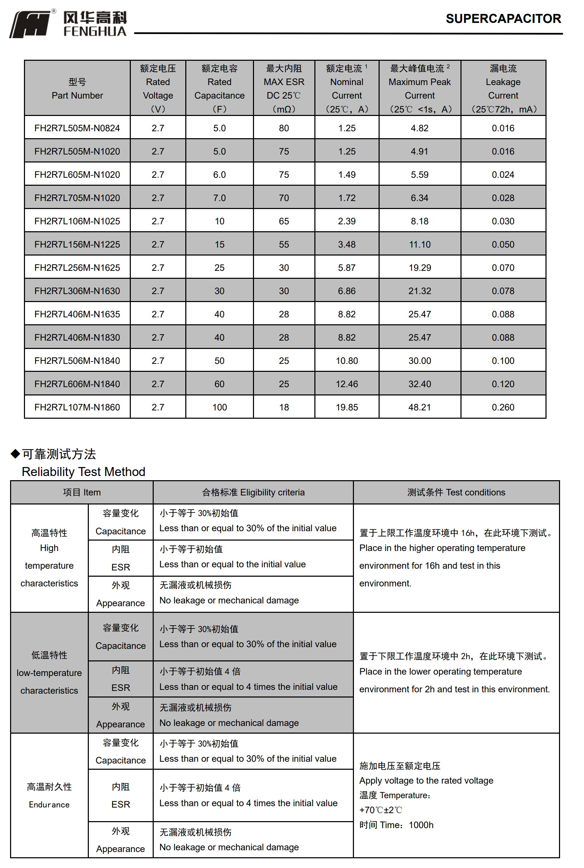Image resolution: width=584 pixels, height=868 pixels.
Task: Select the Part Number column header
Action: point(77,89)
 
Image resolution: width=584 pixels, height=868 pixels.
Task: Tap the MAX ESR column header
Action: point(284,89)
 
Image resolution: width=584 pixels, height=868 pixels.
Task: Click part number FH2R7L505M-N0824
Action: point(77,128)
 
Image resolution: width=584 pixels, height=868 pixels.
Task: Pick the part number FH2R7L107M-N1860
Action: point(77,407)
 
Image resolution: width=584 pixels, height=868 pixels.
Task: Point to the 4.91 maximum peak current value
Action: point(420,152)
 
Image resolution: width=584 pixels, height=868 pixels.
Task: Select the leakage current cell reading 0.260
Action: point(503,407)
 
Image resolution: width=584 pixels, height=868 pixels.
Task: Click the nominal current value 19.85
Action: point(347,407)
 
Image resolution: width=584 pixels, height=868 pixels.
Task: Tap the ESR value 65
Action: point(284,222)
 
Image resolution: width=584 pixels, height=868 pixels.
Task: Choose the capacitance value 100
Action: point(219,407)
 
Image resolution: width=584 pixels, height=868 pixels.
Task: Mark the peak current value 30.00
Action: point(420,361)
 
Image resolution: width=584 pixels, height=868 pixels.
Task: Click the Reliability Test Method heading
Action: point(83,472)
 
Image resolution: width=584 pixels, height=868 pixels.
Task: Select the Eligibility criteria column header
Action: point(253,492)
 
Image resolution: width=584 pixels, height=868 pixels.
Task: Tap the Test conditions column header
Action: point(456,492)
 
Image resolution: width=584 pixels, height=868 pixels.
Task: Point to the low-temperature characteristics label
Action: point(49,673)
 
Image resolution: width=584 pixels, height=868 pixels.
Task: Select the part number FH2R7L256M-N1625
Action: point(77,268)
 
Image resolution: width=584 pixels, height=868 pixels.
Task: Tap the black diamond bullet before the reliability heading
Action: point(15,453)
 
